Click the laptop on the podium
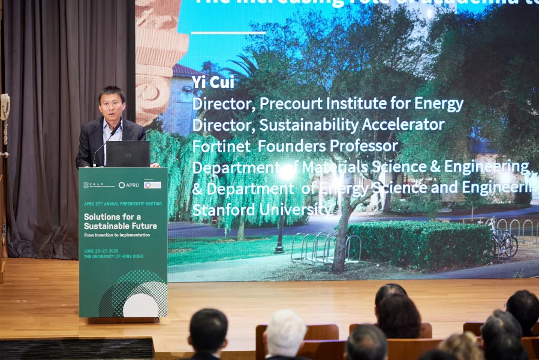point(127,154)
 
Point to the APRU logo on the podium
point(128,185)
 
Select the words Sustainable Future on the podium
point(120,226)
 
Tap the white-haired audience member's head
point(285,332)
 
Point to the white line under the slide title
point(228,32)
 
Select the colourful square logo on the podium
point(152,185)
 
